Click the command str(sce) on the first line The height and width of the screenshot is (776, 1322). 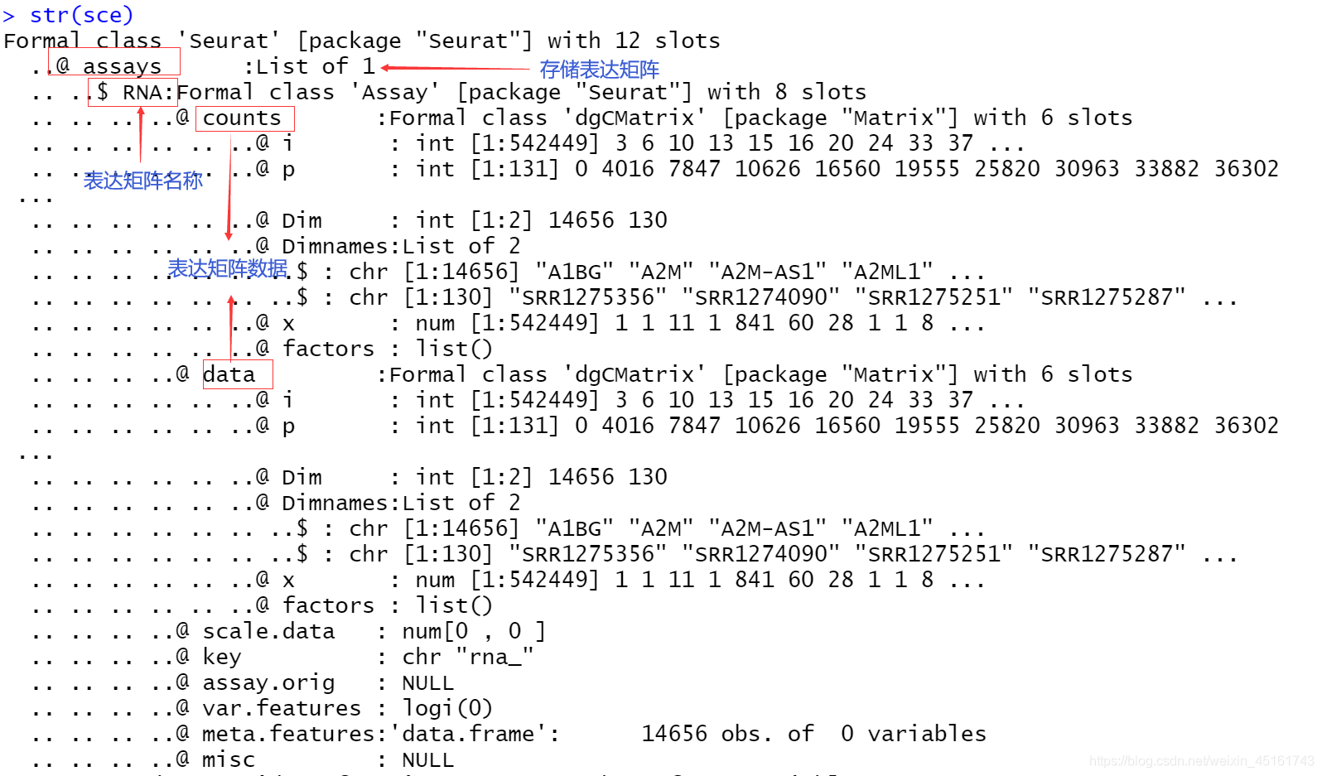(81, 15)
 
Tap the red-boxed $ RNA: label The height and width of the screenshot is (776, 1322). (133, 92)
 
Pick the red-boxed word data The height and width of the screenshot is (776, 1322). (229, 374)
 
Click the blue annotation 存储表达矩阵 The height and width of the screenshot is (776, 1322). (599, 70)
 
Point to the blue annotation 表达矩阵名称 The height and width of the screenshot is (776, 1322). (142, 181)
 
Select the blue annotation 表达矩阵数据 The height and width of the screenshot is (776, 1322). (228, 268)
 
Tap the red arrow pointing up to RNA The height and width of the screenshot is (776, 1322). (141, 133)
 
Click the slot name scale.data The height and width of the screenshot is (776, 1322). (268, 631)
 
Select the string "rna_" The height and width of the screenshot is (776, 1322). (495, 657)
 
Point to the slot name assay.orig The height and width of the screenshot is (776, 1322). (268, 682)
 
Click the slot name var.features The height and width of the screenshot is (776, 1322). (282, 708)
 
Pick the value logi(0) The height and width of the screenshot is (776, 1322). (447, 708)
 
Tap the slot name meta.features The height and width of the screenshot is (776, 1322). (288, 734)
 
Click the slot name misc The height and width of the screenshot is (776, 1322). (229, 759)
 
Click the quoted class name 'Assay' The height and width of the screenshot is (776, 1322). (400, 92)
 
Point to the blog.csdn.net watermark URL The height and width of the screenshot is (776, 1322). (1201, 760)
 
